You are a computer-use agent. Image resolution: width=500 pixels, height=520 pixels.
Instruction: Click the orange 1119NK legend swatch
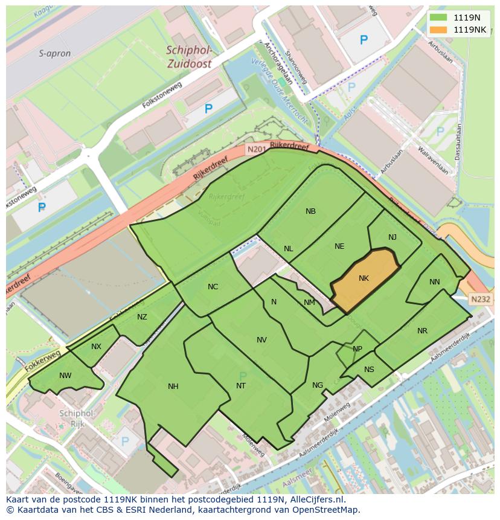[439, 30]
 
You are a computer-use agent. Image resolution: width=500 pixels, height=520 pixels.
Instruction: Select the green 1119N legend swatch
[439, 18]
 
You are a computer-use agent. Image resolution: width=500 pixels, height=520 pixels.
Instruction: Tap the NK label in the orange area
[364, 278]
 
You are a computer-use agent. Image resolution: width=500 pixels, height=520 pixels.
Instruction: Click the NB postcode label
[310, 211]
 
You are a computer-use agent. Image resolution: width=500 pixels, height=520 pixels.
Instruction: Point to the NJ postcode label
[393, 237]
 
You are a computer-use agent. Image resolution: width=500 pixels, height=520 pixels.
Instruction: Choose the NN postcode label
[435, 282]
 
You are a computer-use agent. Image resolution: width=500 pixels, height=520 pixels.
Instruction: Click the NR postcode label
[422, 331]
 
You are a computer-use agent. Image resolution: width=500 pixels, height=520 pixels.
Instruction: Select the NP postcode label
[357, 349]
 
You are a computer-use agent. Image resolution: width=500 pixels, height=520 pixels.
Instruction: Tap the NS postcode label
[369, 370]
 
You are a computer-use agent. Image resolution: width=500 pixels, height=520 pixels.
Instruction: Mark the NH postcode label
[173, 387]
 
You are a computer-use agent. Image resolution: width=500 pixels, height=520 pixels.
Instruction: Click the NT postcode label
[241, 386]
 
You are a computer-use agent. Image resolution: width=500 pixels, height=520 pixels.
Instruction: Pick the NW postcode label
[65, 376]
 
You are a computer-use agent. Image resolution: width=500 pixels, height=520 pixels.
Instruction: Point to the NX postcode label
[96, 347]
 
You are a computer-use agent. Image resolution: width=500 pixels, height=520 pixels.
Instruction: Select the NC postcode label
[213, 287]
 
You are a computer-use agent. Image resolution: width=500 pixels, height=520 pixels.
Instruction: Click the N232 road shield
[481, 299]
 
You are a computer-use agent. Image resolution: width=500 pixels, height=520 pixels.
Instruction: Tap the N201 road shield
[256, 149]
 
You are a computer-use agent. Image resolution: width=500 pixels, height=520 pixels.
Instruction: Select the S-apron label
[55, 54]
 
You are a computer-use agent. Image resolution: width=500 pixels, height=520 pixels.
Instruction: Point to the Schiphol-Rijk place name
[77, 419]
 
